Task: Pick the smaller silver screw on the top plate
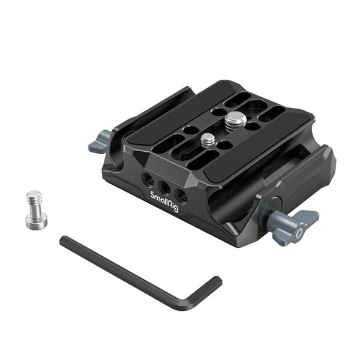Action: pos(208,140)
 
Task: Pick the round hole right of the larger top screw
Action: pos(253,126)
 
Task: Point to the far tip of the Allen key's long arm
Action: pos(64,241)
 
